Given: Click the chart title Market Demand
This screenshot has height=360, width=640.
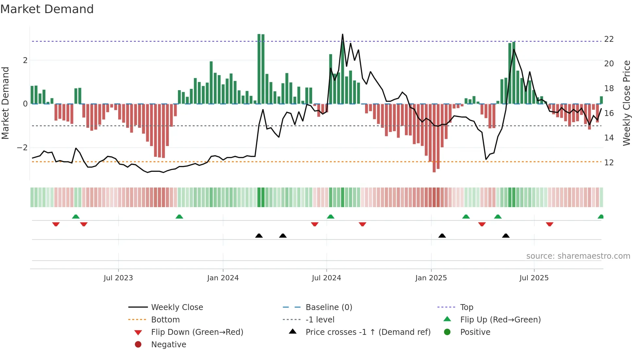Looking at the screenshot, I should tap(47, 9).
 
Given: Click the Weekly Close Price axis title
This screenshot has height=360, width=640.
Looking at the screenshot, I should tap(626, 103).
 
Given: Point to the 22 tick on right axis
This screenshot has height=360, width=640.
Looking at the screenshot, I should tap(609, 39).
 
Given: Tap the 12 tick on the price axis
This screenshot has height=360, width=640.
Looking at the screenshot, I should tap(609, 162).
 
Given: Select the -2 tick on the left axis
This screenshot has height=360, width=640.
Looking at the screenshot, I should tap(22, 148).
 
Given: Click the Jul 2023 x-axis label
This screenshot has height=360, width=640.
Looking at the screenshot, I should tap(118, 278).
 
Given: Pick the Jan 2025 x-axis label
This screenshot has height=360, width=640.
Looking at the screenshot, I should tap(431, 278).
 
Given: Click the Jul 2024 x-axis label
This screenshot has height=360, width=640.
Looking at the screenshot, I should tap(326, 278).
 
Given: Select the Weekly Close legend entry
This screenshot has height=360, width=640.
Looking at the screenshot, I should tap(177, 307).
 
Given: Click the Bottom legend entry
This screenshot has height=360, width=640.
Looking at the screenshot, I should tap(165, 320).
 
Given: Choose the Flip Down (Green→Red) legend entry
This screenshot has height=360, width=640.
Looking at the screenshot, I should tap(197, 332).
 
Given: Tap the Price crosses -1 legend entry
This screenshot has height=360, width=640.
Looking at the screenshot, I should tap(368, 332).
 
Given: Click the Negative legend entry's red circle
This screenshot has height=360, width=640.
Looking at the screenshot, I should tap(138, 345).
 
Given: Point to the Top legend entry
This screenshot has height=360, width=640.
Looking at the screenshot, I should tap(466, 307).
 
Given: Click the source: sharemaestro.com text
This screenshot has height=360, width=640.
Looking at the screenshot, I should tap(578, 256).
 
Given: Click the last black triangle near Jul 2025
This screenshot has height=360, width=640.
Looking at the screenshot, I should tap(506, 236).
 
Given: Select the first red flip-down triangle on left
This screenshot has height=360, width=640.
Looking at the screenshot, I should tap(56, 224).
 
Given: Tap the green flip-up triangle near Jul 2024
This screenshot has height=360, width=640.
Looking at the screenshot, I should tap(330, 217).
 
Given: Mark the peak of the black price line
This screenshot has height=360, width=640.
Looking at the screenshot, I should tap(343, 34).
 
